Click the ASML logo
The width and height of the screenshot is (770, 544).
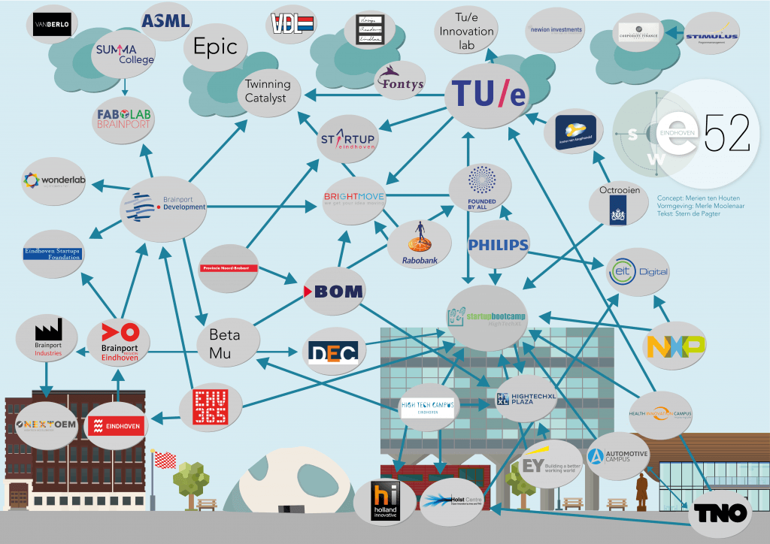point(165,20)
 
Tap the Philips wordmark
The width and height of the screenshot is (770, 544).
point(498,245)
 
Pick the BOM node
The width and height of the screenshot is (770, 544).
point(333,291)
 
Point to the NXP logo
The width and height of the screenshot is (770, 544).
point(676,346)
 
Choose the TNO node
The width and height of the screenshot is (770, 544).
point(720,513)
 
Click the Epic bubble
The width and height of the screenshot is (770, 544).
point(216,47)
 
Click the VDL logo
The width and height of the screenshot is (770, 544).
point(293,25)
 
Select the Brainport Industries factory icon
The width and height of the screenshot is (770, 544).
point(48,332)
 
